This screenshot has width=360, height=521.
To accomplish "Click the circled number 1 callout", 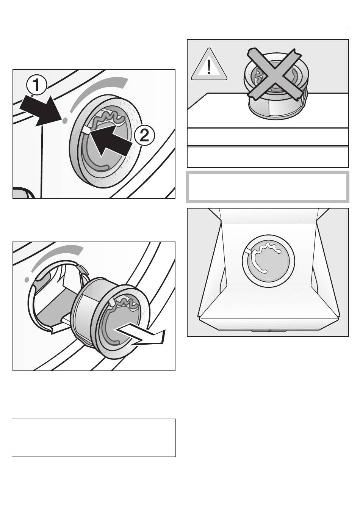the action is [x=36, y=86].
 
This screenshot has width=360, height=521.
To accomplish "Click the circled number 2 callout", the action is [x=144, y=136].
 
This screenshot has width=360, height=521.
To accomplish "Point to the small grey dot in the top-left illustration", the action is [x=65, y=120].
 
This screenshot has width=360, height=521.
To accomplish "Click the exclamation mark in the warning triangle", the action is [x=209, y=67].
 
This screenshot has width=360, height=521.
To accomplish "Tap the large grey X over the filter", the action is [x=275, y=75].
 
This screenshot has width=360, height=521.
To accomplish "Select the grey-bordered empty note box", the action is [x=268, y=187].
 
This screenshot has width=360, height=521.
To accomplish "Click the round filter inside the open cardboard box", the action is [x=268, y=260].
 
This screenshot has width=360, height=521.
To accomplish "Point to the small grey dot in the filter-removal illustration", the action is [x=27, y=279].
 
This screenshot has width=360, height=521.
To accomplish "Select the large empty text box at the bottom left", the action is [x=94, y=438].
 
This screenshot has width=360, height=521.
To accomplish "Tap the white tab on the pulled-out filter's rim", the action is [x=111, y=302].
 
